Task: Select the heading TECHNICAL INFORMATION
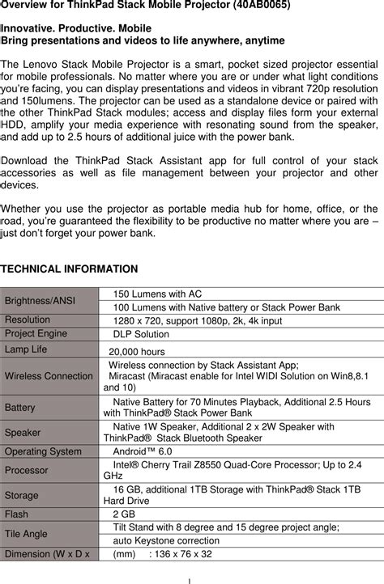[x=70, y=268]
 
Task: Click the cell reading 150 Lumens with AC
[x=157, y=294]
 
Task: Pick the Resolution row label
[x=28, y=320]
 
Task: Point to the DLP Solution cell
[x=141, y=334]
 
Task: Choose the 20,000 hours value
[x=137, y=352]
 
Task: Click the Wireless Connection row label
[x=49, y=375]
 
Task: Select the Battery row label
[x=20, y=407]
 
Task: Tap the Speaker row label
[x=23, y=433]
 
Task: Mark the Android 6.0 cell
[x=142, y=451]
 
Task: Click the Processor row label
[x=27, y=470]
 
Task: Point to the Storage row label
[x=22, y=495]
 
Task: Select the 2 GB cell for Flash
[x=124, y=514]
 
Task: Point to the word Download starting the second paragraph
[x=28, y=159]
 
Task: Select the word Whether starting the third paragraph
[x=23, y=209]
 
